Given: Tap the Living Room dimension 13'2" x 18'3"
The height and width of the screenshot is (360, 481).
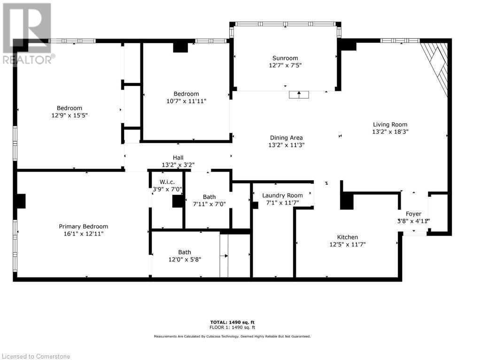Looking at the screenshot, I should point(390,132).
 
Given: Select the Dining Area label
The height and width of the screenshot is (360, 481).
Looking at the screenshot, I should point(286,138).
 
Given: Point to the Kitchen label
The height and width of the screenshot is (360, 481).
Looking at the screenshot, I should point(347,237).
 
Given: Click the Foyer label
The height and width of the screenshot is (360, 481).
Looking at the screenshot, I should point(413,214).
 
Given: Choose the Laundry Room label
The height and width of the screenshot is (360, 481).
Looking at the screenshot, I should point(282,195).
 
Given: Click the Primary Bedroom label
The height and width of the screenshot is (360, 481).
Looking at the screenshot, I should point(83,226).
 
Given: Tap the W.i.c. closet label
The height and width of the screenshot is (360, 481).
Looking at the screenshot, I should point(167,182).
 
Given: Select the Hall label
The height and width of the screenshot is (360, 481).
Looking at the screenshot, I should point(178,158).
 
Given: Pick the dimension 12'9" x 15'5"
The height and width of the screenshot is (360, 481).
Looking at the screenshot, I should point(70,115).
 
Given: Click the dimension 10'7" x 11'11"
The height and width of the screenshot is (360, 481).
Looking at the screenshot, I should point(186,101).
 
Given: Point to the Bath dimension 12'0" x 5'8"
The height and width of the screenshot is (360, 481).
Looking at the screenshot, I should point(184,259).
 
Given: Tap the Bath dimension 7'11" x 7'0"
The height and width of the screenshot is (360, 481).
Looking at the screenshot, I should point(209,204).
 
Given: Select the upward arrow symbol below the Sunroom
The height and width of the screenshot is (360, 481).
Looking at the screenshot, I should point(299,94).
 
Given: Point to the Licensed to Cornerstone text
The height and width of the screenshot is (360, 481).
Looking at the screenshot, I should point(36,356).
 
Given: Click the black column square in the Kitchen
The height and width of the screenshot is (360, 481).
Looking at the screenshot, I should point(347,201).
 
